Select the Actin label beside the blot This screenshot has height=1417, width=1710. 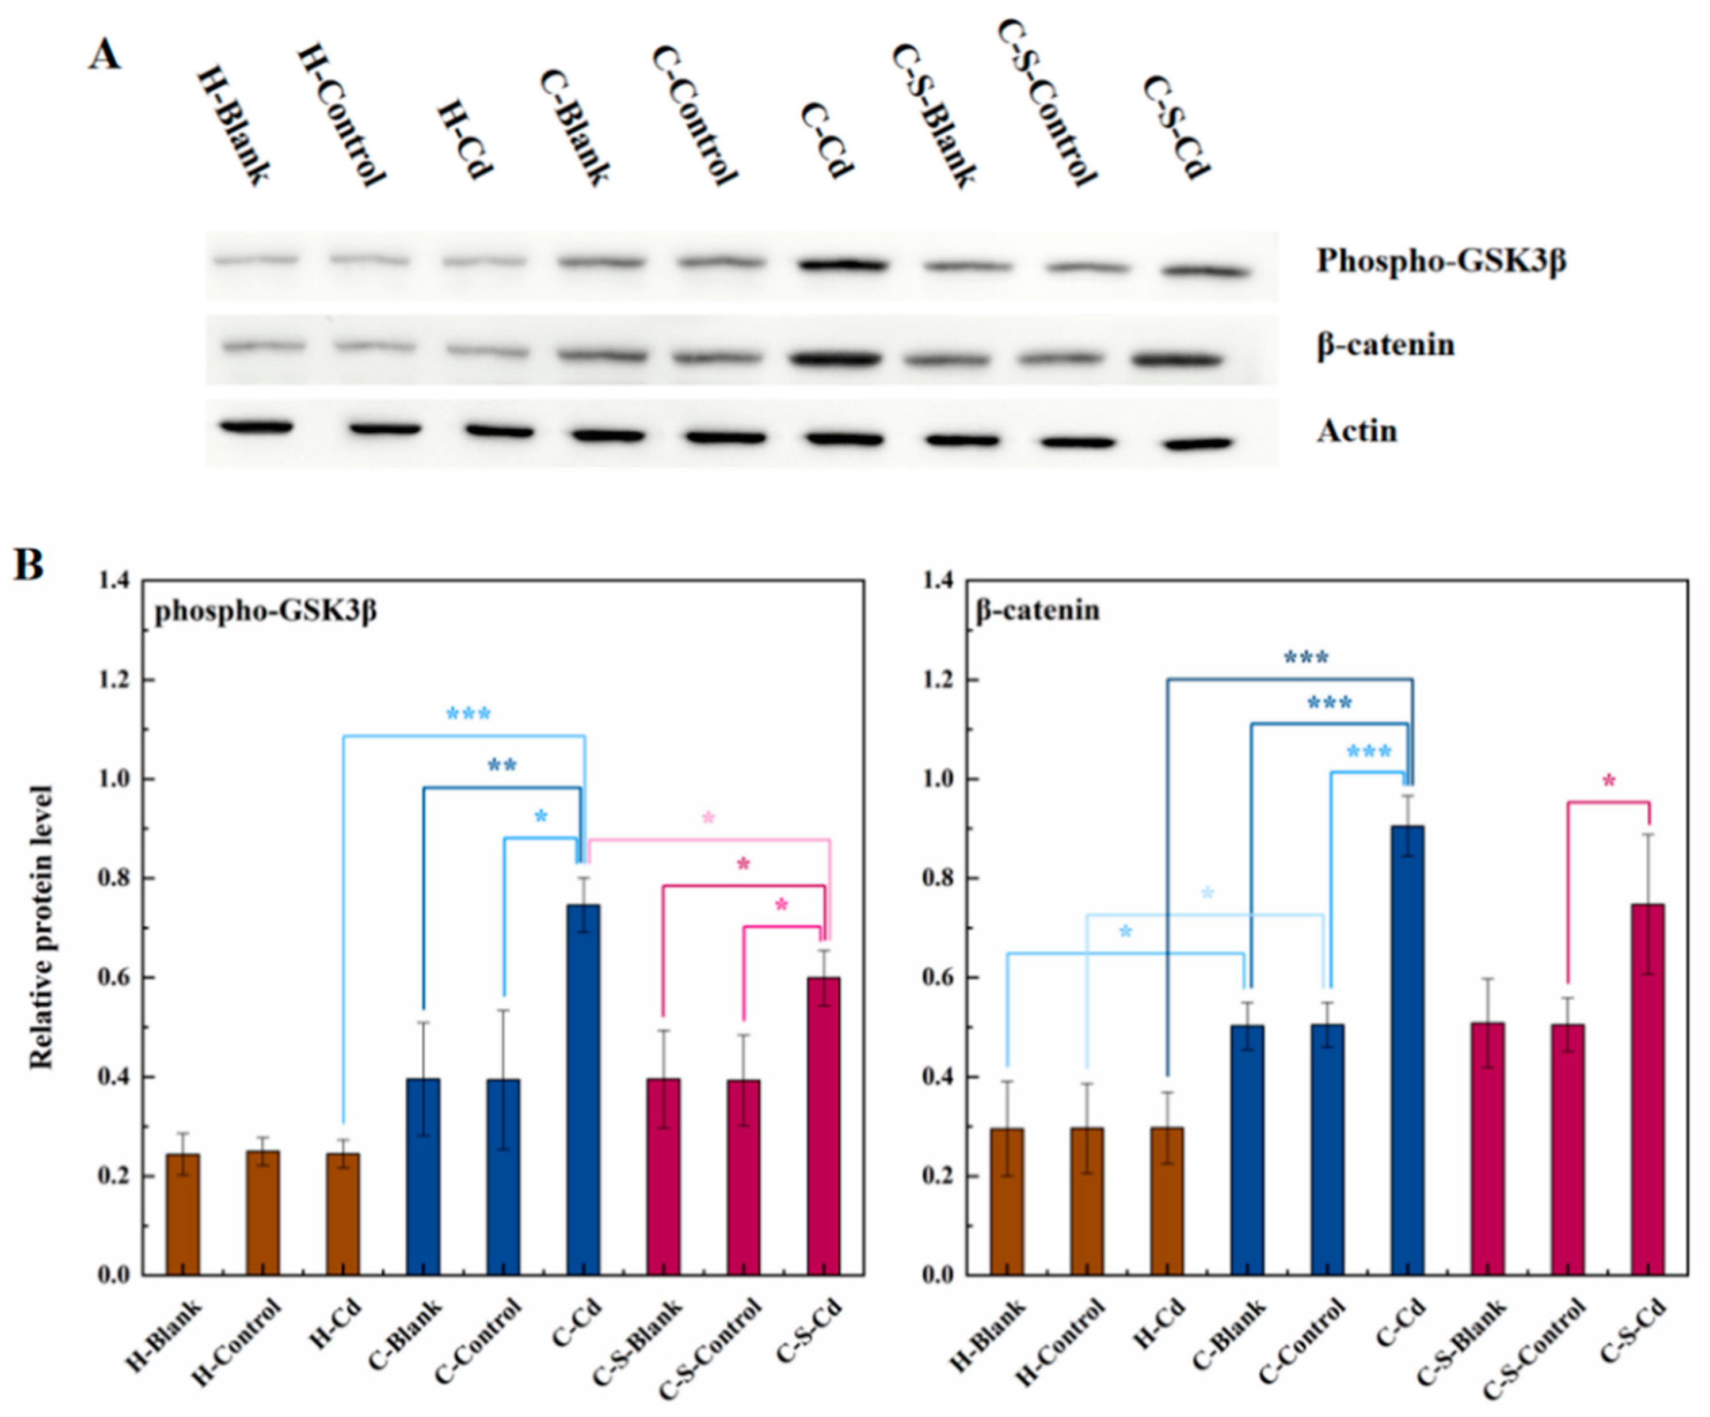pos(1357,431)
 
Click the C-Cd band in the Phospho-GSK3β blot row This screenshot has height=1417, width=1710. pos(843,265)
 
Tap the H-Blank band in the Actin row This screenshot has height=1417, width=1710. pos(256,426)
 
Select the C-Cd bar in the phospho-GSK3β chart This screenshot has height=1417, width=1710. pos(584,1089)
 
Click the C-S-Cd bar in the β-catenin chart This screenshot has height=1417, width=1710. pos(1648,1089)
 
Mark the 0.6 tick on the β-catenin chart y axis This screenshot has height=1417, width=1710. pos(938,977)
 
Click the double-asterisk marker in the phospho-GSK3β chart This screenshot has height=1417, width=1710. pos(501,765)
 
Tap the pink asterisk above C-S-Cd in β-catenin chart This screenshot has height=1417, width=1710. pos(1609,782)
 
